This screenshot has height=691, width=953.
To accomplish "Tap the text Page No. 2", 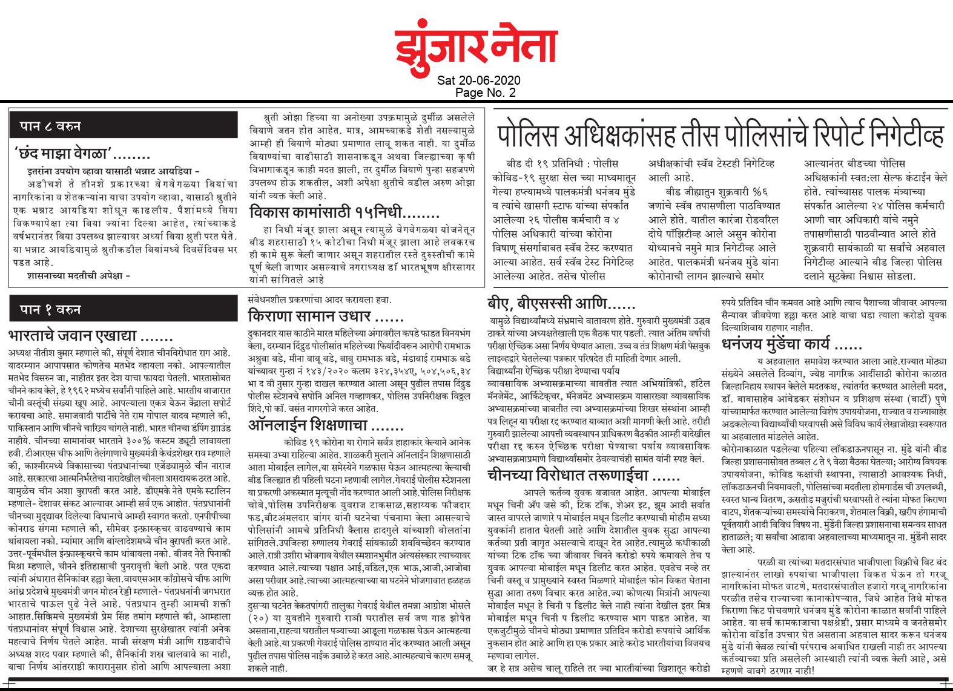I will pyautogui.click(x=478, y=92).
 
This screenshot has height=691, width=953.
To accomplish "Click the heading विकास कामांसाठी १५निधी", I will pyautogui.click(x=346, y=214).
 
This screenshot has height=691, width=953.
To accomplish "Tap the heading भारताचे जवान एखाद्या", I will pyautogui.click(x=91, y=335).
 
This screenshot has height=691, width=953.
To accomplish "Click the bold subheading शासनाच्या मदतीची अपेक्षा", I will pyautogui.click(x=79, y=276).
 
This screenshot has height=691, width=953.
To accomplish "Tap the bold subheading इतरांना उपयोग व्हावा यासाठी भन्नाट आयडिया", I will pyautogui.click(x=108, y=171).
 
